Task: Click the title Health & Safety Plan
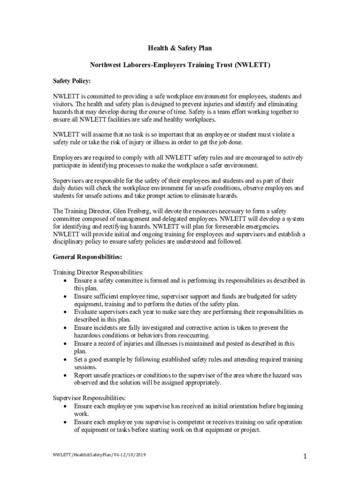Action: tap(180, 48)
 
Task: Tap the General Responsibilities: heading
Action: tap(87, 257)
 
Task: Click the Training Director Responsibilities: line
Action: tap(98, 272)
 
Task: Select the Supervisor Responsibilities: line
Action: tap(86, 398)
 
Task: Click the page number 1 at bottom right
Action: tap(304, 457)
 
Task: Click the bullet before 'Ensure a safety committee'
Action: tap(65, 281)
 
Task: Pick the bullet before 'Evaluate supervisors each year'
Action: tap(65, 312)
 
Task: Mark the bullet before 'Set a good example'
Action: tap(65, 360)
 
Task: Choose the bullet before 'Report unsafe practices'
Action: tap(65, 375)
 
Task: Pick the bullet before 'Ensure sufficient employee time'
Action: tap(65, 297)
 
